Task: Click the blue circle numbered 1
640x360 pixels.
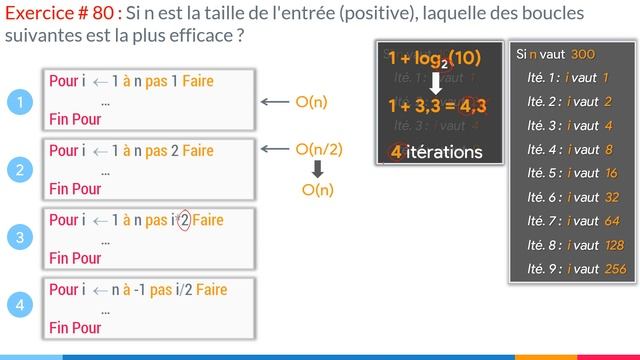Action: (19, 101)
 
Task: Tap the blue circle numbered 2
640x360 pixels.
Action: (19, 170)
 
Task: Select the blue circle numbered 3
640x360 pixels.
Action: (19, 238)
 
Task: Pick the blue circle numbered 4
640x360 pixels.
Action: (19, 307)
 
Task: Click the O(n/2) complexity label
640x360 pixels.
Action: (319, 149)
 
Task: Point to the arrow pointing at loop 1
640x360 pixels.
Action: (273, 101)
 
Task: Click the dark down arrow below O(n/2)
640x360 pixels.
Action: (317, 169)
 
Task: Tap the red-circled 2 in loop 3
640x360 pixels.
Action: (183, 220)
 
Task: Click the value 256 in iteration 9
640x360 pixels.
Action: (615, 268)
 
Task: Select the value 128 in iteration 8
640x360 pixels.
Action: (615, 244)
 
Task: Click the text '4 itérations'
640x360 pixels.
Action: (436, 152)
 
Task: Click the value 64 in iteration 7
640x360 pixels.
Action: (612, 220)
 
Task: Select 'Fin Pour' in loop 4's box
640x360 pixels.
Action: (75, 327)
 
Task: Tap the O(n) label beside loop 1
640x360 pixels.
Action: (312, 101)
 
